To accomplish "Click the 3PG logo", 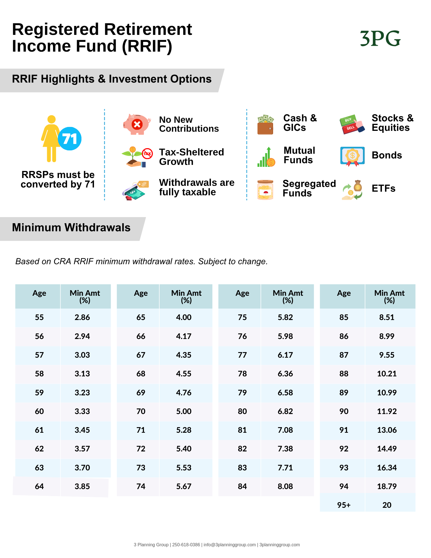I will coord(380,39).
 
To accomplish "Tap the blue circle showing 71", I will coord(70,139).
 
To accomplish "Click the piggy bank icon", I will coord(137,124).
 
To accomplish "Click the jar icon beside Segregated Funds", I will coord(265,190).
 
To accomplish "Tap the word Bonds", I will coord(387,155).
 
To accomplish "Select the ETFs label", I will coord(383,188).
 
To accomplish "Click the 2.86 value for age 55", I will coord(82,317).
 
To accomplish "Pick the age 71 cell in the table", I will coord(141,430).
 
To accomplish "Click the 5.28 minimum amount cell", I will coord(184,430).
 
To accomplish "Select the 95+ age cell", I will coord(344,505).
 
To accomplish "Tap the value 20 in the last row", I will coord(387,505).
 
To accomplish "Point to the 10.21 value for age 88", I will coord(387,374).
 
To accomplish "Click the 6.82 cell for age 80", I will coord(285,411).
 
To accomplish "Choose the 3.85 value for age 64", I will coord(82,486).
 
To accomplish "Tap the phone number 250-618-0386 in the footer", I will coord(186,545).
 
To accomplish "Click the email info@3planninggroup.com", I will coord(230,545).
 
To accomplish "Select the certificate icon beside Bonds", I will coord(352,156).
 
